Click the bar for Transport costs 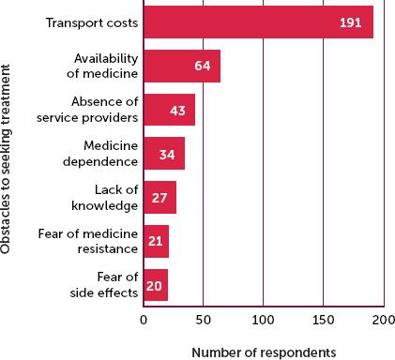[258, 22]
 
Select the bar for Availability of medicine [181, 67]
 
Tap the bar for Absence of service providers [169, 110]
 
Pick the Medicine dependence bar [164, 153]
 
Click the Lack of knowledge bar [160, 197]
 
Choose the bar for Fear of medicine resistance [156, 241]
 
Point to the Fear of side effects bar [156, 284]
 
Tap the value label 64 [202, 67]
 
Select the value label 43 [176, 110]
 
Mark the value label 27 [158, 197]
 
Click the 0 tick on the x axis [144, 321]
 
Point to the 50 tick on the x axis [203, 321]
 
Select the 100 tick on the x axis [263, 321]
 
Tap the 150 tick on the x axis [323, 321]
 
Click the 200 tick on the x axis [383, 321]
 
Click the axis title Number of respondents [263, 352]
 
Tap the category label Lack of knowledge [109, 197]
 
